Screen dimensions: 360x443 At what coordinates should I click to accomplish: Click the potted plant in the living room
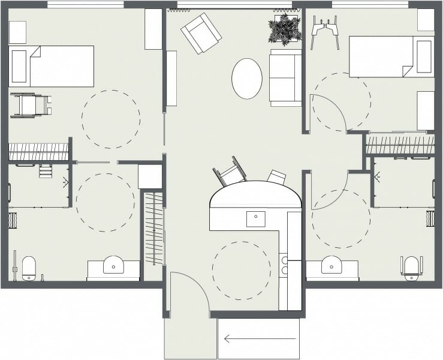tap(284, 29)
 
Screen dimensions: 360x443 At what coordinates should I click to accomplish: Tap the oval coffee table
tap(247, 78)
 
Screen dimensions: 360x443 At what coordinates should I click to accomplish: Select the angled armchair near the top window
tap(201, 33)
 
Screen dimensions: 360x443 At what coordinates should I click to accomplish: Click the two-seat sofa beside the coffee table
tap(286, 77)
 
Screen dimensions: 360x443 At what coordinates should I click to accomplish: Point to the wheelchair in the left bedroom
tap(29, 105)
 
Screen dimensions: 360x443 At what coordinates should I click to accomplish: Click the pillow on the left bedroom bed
tap(19, 66)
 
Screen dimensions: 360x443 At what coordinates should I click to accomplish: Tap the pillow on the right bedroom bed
tap(424, 56)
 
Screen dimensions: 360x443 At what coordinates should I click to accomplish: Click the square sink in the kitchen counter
tap(256, 218)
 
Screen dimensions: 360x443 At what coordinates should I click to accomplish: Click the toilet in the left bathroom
tap(29, 268)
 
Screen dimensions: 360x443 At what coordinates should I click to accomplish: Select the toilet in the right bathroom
tap(411, 268)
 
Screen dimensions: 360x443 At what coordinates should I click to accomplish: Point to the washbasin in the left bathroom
tap(113, 265)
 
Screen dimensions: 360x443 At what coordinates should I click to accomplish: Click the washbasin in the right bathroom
tap(332, 265)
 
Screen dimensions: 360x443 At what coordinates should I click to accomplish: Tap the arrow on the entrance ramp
tap(246, 339)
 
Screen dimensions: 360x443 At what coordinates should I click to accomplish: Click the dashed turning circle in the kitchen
tap(242, 270)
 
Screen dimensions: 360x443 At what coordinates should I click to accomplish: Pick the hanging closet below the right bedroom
tap(400, 145)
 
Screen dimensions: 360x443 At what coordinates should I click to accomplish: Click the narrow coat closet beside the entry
tap(155, 228)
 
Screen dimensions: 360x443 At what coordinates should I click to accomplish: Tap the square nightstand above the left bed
tap(17, 32)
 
